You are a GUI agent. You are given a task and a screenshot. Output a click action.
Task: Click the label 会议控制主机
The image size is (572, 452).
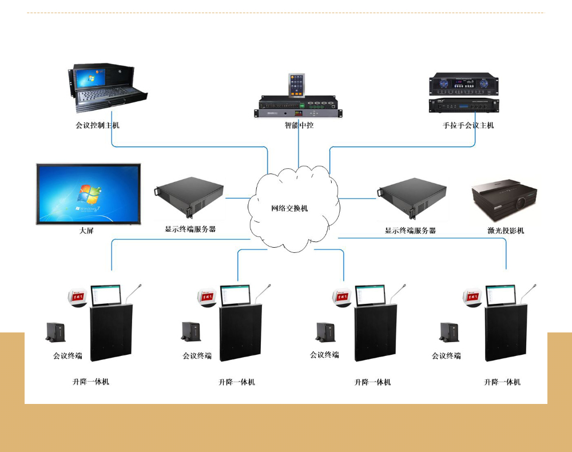click(98, 125)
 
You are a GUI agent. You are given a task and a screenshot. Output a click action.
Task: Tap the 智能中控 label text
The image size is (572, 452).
click(299, 125)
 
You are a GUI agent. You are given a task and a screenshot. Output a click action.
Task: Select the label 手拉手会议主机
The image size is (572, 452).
click(468, 125)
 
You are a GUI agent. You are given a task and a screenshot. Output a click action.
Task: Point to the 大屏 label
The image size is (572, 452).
click(86, 231)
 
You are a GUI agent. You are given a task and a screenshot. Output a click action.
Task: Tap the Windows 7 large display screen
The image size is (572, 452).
click(88, 193)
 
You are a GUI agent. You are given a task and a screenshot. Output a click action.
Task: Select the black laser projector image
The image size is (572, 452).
click(505, 202)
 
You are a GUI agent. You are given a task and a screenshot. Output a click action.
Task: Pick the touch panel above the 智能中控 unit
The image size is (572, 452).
click(297, 85)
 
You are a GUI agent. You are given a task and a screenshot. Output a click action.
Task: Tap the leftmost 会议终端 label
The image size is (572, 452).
click(67, 356)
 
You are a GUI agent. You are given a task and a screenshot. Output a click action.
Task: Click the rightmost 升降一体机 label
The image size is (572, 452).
click(502, 382)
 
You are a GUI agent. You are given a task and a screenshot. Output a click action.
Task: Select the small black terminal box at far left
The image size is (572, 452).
click(55, 332)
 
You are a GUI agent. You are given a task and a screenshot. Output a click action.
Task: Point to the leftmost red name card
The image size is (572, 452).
click(78, 296)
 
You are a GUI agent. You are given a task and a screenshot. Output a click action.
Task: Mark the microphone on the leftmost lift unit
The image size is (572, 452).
click(134, 292)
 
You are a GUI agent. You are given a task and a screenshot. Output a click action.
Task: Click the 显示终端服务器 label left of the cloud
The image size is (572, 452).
click(190, 229)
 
